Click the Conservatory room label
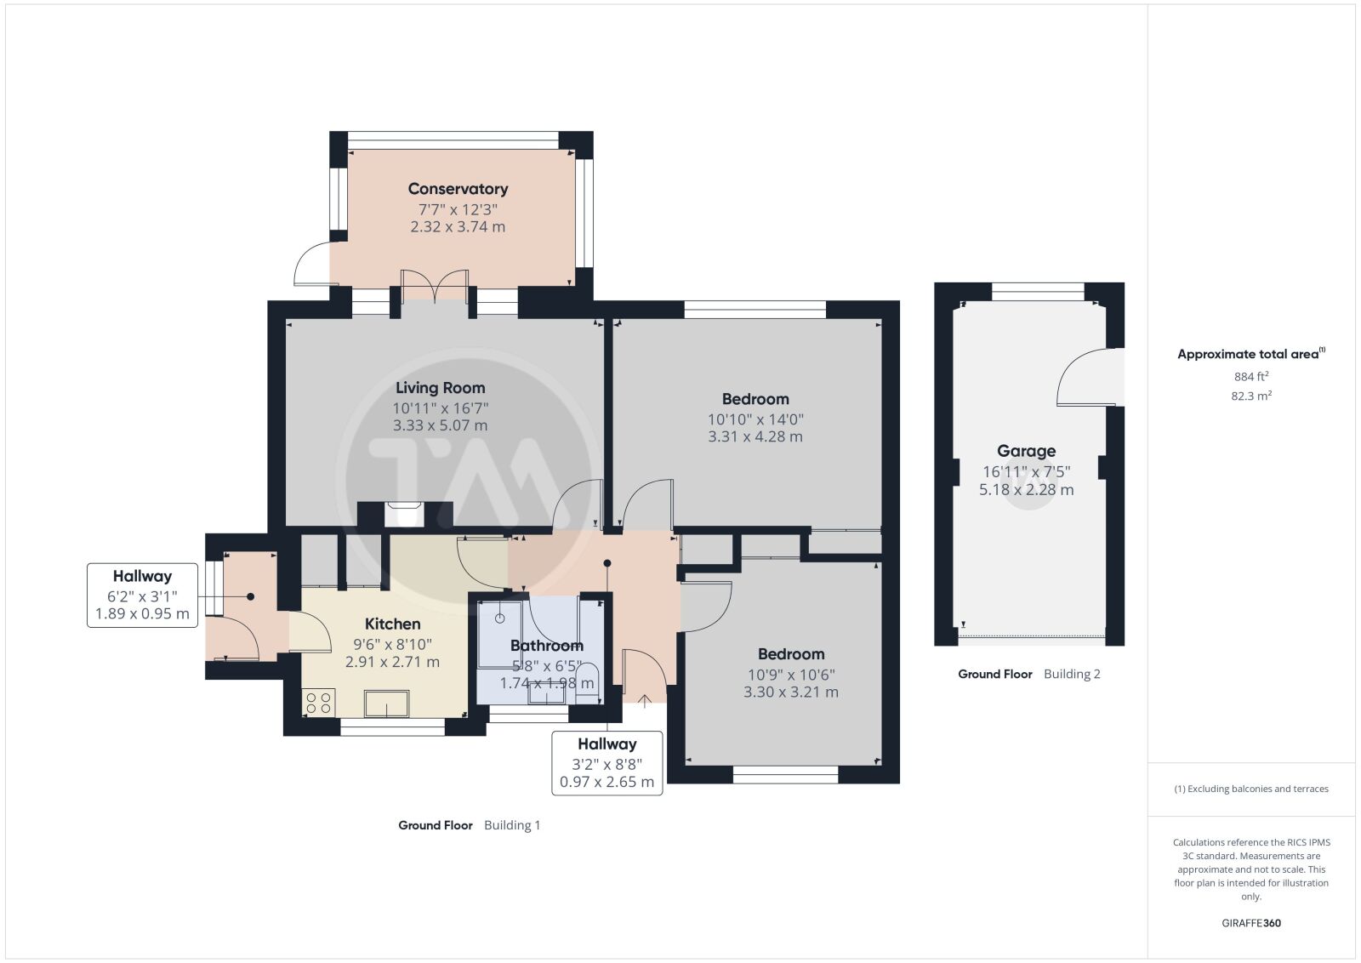(x=458, y=189)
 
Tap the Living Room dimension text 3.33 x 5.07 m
(x=440, y=425)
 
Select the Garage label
(x=1026, y=451)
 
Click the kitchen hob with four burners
(x=318, y=703)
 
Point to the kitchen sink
(x=386, y=704)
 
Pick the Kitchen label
(x=392, y=624)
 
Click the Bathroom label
(x=547, y=645)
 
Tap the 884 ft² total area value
(x=1251, y=377)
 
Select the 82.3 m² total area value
(x=1251, y=396)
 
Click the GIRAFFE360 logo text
(x=1251, y=923)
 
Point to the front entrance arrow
(x=645, y=701)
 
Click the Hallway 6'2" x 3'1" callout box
(x=142, y=595)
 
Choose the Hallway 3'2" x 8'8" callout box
(x=607, y=763)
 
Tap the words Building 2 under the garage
(x=1072, y=674)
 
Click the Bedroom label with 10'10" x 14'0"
(x=755, y=399)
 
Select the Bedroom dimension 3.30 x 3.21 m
(x=791, y=692)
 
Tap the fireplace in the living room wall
(x=405, y=514)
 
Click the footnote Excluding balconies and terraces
(x=1251, y=789)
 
